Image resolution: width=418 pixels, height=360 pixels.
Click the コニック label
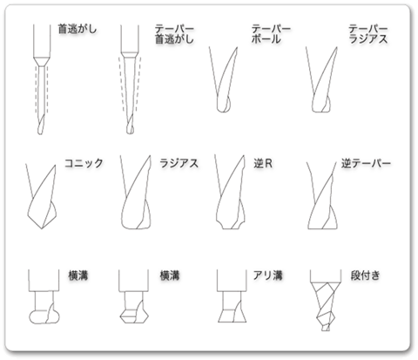[84, 163]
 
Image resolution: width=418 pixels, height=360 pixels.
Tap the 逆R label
[263, 164]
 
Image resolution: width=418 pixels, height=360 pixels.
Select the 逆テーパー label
[366, 164]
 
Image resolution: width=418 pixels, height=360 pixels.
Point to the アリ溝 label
[267, 275]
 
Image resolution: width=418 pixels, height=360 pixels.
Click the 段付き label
[365, 275]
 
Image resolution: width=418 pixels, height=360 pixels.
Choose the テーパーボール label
[271, 34]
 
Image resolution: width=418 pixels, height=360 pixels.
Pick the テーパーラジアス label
[368, 34]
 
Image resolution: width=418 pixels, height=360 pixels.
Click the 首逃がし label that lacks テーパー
[78, 29]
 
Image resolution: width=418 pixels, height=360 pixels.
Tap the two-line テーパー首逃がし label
[174, 34]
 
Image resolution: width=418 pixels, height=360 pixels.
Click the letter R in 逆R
[269, 164]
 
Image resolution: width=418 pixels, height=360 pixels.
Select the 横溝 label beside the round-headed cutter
[78, 275]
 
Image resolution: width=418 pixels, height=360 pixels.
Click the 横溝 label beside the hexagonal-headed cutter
[170, 275]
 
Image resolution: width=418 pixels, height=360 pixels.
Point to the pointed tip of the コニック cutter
[42, 228]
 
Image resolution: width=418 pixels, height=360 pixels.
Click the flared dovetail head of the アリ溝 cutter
[233, 316]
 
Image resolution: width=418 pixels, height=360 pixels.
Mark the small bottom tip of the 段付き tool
[326, 329]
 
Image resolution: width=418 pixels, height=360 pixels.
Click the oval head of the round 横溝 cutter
[44, 316]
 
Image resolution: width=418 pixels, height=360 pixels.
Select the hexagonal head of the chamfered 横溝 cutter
[134, 316]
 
